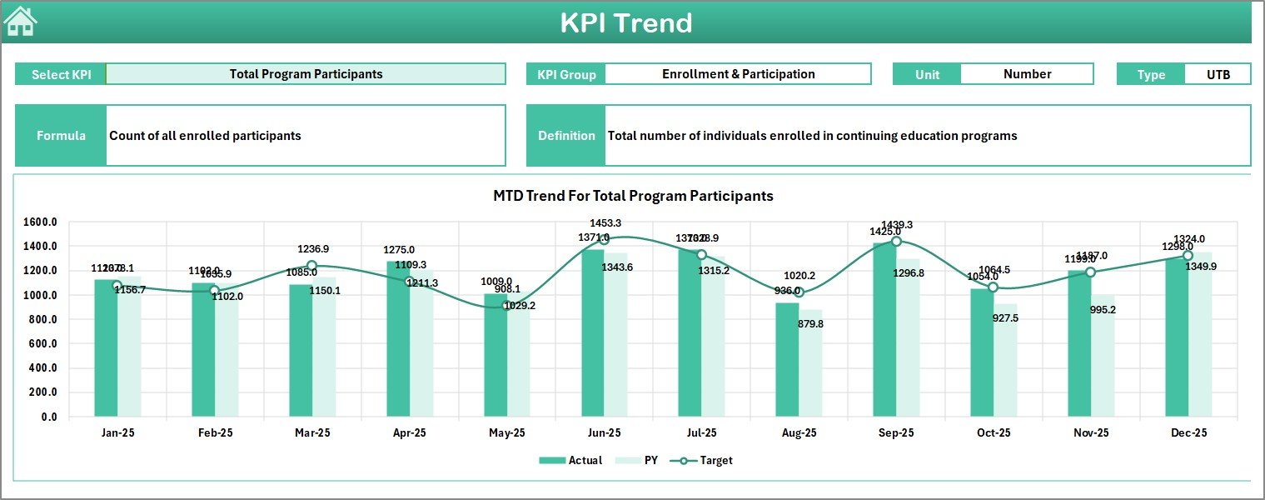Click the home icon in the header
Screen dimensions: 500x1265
click(x=20, y=22)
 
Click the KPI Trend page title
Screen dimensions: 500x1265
click(x=625, y=22)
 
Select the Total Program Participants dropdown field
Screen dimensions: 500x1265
click(x=306, y=74)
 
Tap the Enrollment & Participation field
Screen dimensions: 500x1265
click(x=738, y=74)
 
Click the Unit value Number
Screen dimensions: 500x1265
click(x=1027, y=74)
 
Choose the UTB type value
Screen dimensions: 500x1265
click(x=1218, y=74)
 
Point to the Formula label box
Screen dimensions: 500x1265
click(x=61, y=136)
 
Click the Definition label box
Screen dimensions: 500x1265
click(x=566, y=136)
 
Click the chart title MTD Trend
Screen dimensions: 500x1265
click(x=633, y=196)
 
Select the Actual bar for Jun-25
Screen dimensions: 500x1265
click(x=593, y=333)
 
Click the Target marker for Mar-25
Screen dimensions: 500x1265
click(x=311, y=266)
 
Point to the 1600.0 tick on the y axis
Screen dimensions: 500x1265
click(x=40, y=222)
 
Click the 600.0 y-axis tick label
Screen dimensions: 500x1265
click(x=42, y=344)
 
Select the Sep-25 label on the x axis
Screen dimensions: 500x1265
click(x=896, y=433)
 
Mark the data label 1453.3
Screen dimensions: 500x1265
click(x=605, y=223)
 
